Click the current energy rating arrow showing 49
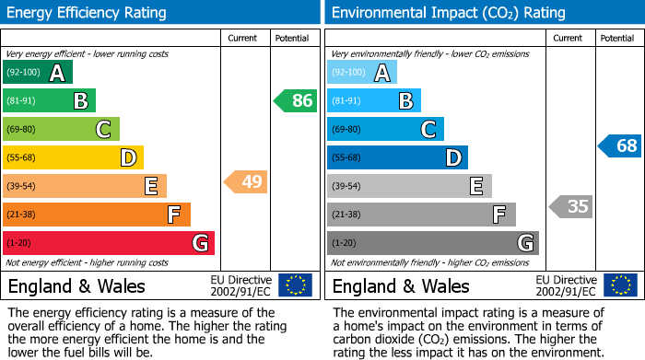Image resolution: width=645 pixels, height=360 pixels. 246,182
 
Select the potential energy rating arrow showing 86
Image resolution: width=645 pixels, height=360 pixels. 296,101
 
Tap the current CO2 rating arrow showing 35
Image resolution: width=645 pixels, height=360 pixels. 570,206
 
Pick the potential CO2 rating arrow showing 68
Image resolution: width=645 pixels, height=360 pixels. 620,145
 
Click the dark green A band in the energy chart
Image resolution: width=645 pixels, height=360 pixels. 37,73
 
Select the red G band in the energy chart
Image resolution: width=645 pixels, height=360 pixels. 108,243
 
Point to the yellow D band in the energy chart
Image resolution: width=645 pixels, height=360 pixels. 73,157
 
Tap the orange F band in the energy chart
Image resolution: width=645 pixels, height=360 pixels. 96,215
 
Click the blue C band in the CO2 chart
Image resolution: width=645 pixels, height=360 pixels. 385,130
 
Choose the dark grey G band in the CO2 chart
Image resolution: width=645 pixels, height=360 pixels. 432,243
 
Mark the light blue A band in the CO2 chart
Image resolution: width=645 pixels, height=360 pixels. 361,73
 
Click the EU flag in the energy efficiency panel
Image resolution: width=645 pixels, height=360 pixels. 295,285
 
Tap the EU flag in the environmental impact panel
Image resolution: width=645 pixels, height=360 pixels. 619,285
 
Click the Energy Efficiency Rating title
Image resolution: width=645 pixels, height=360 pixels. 88,13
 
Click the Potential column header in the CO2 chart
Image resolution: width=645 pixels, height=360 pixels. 616,38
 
